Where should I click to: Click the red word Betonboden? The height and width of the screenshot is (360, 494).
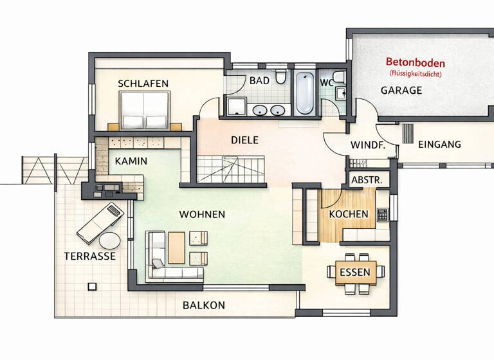(415, 62)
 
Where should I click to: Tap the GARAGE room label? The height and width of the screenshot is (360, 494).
(401, 90)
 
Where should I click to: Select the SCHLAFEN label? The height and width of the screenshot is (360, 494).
(143, 84)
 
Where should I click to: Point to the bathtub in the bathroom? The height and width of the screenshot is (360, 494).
(305, 93)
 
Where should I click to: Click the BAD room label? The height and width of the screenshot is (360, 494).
(259, 81)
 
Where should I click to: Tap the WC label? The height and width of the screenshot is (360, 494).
(327, 82)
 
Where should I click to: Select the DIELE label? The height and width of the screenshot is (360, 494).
(244, 139)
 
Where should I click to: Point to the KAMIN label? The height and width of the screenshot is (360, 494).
(131, 161)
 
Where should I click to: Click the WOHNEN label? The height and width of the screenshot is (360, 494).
(202, 214)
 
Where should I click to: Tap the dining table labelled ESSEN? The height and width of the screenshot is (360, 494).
(354, 273)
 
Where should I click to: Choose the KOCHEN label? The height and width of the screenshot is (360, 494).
(348, 214)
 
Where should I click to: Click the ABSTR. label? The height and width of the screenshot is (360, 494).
(366, 181)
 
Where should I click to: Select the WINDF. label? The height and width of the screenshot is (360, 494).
(368, 145)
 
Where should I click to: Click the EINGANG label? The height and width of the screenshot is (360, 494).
(439, 144)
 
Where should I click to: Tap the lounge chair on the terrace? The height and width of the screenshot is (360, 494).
(100, 221)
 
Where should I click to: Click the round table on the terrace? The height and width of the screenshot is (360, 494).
(109, 240)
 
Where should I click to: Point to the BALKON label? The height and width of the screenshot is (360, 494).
(203, 305)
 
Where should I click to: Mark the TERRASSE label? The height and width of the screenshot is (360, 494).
(90, 256)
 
